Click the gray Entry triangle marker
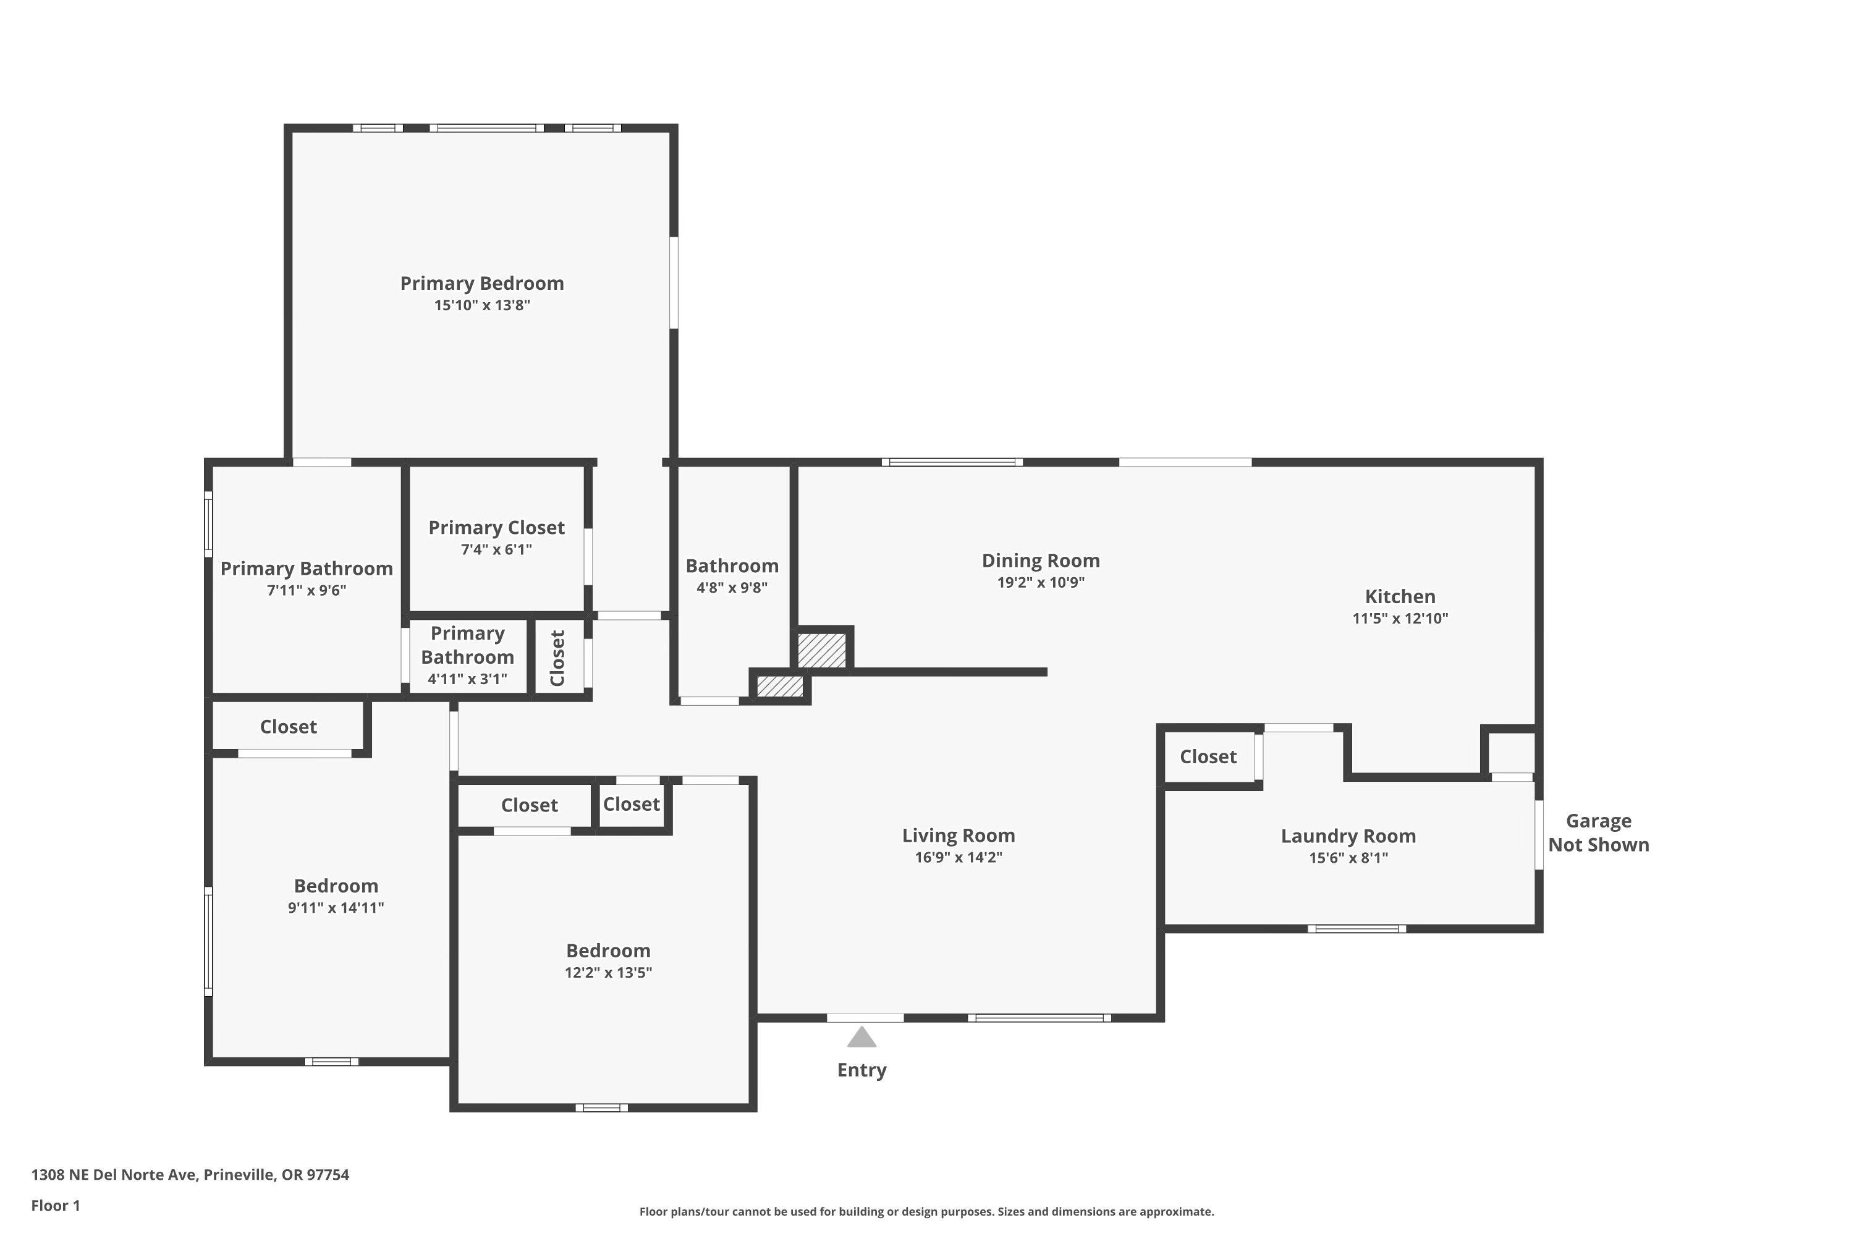[861, 1038]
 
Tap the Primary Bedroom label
[481, 283]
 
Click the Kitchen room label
[1400, 597]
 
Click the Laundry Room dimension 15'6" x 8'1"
[1348, 858]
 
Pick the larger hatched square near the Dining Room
[821, 650]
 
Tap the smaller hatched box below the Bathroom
[779, 686]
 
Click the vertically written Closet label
[557, 658]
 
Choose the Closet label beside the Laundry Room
[1208, 756]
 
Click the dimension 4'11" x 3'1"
[467, 679]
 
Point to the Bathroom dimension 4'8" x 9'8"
[732, 587]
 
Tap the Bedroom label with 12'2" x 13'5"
[607, 950]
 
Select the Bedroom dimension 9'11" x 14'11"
[336, 907]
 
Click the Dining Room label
[1041, 561]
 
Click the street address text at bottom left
[190, 1175]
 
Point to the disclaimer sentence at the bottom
[926, 1211]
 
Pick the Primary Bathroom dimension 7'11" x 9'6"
[306, 590]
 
